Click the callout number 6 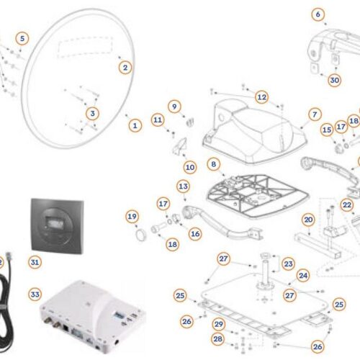318,14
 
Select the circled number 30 334,81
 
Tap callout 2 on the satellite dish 125,67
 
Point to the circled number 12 261,96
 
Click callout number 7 314,114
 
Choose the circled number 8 212,165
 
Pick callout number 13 183,186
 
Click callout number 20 308,220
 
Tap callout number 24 303,274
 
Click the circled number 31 35,263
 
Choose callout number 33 35,294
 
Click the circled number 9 174,106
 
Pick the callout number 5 23,37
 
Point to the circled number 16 195,233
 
